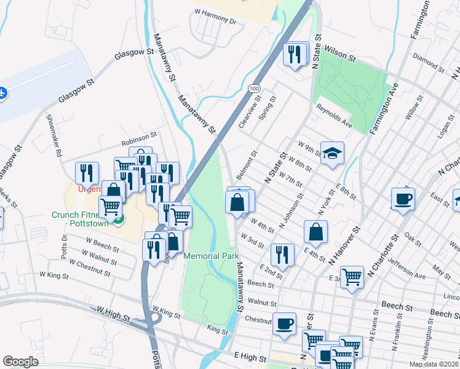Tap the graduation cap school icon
pyautogui.click(x=332, y=154)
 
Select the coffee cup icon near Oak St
pyautogui.click(x=403, y=199)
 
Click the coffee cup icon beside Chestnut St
pyautogui.click(x=284, y=323)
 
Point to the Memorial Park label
pyautogui.click(x=211, y=255)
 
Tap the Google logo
pyautogui.click(x=21, y=362)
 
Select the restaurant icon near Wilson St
pyautogui.click(x=295, y=54)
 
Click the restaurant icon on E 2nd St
pyautogui.click(x=282, y=255)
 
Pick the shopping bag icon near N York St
pyautogui.click(x=315, y=232)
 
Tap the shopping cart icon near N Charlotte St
pyautogui.click(x=352, y=277)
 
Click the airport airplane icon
pyautogui.click(x=3, y=93)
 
